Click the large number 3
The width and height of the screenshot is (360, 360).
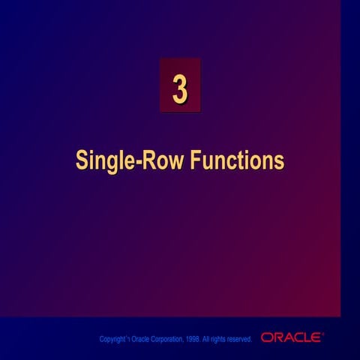point(180,88)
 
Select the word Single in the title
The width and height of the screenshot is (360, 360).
point(103,160)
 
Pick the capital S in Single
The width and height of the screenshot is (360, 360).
point(81,160)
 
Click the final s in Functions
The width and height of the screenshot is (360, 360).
point(280,163)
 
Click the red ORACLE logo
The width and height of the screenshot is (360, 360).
point(291,337)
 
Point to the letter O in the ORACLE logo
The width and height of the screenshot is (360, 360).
point(267,337)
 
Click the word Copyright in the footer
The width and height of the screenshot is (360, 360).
point(113,340)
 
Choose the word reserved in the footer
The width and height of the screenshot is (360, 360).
point(239,340)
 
